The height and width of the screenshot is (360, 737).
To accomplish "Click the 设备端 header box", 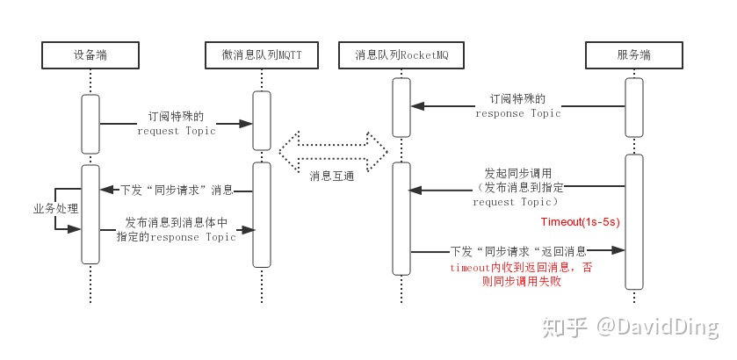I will click(x=90, y=55).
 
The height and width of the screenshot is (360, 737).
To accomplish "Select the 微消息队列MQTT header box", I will click(x=261, y=55).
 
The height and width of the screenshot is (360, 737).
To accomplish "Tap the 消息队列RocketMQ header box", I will click(x=401, y=55).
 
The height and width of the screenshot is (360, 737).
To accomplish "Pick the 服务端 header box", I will click(x=633, y=55).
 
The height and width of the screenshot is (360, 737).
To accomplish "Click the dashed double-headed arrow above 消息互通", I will click(x=333, y=148).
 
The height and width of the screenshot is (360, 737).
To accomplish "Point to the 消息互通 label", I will click(x=332, y=176).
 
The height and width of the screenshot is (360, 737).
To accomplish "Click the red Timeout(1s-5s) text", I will click(x=581, y=222).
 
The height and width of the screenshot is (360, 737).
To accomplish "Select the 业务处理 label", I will click(x=55, y=209).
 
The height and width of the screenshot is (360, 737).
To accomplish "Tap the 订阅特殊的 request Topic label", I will click(x=176, y=123).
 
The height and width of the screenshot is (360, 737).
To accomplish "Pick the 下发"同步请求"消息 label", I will click(x=176, y=190).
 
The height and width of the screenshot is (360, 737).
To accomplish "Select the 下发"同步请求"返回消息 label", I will click(x=518, y=250).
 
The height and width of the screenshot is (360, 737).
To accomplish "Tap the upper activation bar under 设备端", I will click(x=90, y=123).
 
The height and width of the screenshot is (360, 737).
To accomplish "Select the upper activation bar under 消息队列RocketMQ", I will click(x=401, y=106).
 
